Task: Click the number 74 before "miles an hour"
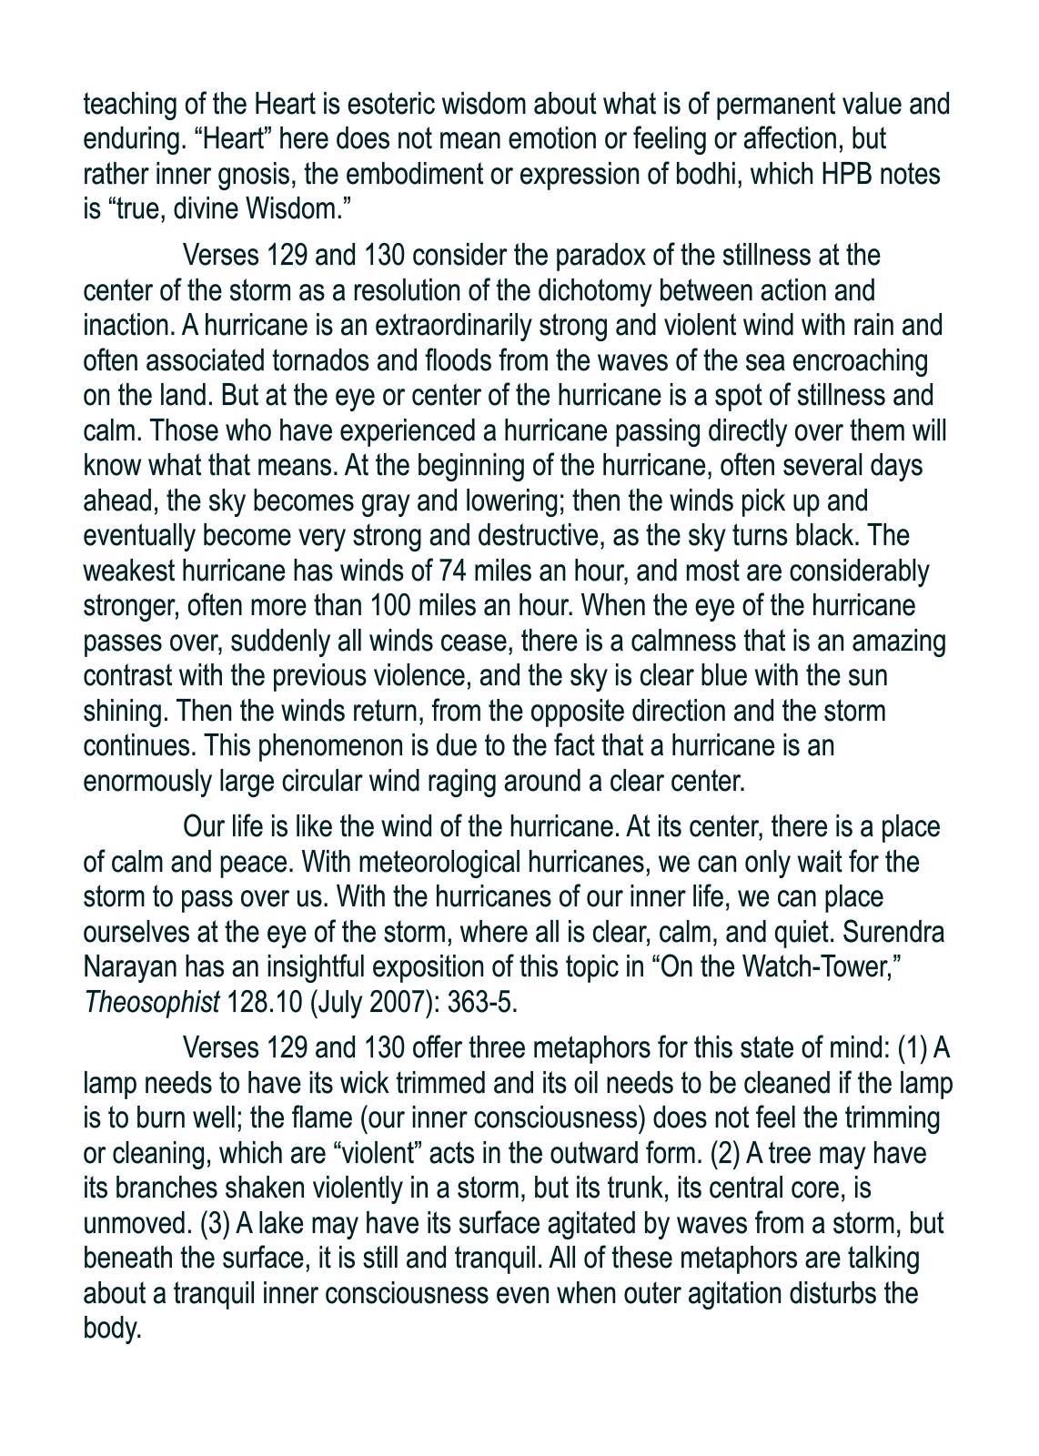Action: (452, 571)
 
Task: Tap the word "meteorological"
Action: (427, 862)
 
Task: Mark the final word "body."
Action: (113, 1329)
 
